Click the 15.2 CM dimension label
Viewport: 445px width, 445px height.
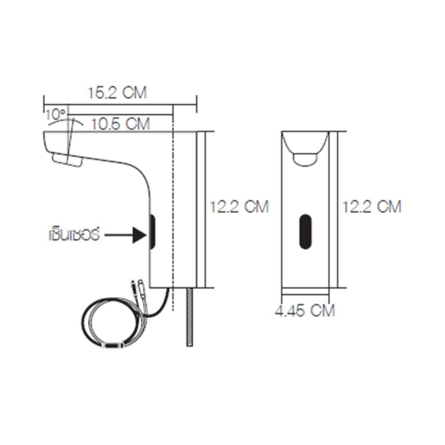click(x=117, y=93)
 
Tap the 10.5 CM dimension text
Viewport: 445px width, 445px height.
click(x=120, y=124)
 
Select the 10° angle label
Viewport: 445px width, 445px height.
click(x=56, y=115)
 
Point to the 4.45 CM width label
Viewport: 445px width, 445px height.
click(x=305, y=310)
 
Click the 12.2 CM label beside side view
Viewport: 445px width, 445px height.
click(x=239, y=206)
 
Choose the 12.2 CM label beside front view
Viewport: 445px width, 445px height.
click(x=372, y=206)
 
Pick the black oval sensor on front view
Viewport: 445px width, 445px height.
click(x=305, y=231)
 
